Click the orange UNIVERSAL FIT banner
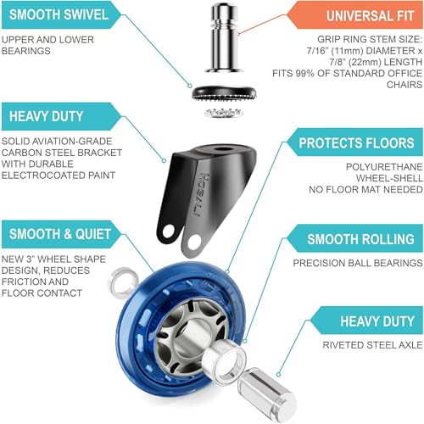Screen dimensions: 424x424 (x=354, y=15)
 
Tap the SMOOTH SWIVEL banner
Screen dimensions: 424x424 (x=61, y=14)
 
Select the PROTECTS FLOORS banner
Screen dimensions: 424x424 (x=354, y=142)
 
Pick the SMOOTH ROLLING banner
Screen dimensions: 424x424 (x=354, y=239)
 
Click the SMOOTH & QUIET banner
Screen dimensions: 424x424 (x=61, y=234)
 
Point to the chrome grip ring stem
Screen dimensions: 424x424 (x=224, y=37)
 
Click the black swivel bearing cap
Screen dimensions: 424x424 (x=225, y=92)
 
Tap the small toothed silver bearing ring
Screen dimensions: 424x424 (x=224, y=113)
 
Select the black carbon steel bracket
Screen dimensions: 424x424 (x=206, y=198)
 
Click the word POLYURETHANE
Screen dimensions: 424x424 (x=384, y=167)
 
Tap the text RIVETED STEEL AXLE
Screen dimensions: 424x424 (x=372, y=345)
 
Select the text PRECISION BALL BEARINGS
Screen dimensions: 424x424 (x=358, y=263)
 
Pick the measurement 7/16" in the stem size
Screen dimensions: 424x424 (x=317, y=51)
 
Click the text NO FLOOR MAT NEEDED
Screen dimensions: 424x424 (x=365, y=189)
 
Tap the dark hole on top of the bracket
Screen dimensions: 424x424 (x=221, y=149)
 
